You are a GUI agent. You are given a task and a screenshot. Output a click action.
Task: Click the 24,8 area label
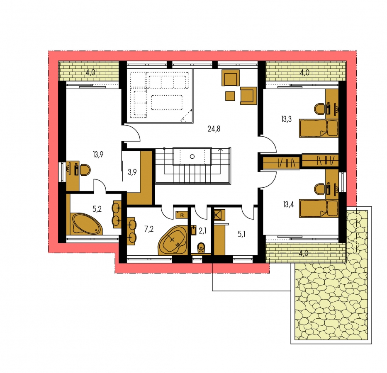(214, 129)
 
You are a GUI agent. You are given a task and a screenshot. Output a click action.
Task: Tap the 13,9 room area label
(98, 155)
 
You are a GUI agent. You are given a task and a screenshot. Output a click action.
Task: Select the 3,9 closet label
(132, 172)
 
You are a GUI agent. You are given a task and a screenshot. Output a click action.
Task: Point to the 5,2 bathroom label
(97, 209)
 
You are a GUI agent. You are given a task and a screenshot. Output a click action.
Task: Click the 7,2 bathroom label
(149, 229)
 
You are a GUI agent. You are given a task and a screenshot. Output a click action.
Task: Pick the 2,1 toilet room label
(202, 231)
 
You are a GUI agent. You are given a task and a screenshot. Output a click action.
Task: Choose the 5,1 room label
(242, 234)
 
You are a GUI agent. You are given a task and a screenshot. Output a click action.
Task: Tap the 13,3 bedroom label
(286, 119)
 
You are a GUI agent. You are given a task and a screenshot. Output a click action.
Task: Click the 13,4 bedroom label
(289, 204)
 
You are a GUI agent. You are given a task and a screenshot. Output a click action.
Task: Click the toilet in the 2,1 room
(201, 248)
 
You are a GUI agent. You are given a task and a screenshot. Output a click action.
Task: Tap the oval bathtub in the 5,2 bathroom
(86, 224)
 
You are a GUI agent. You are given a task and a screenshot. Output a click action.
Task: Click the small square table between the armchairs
(230, 96)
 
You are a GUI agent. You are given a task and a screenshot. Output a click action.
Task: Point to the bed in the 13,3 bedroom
(319, 128)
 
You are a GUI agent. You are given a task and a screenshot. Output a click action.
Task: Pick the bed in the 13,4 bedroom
(319, 208)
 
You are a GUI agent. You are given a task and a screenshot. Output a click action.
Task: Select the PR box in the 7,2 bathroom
(182, 215)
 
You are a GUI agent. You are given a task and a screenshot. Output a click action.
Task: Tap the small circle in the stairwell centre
(192, 157)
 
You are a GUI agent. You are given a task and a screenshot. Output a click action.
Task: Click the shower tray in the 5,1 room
(219, 215)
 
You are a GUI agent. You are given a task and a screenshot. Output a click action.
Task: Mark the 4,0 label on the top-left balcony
(90, 73)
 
